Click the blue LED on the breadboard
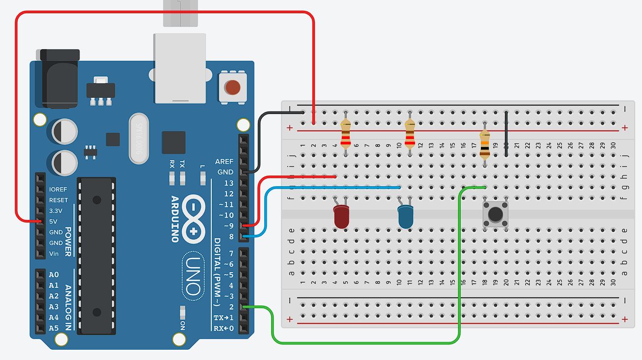pyautogui.click(x=405, y=217)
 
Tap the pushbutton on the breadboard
pyautogui.click(x=495, y=214)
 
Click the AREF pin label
pyautogui.click(x=224, y=162)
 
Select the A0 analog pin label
pyautogui.click(x=54, y=275)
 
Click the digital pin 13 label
pyautogui.click(x=228, y=183)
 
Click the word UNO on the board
pyautogui.click(x=193, y=277)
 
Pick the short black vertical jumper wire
pyautogui.click(x=506, y=134)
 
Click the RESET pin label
pyautogui.click(x=58, y=200)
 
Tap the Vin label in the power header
pyautogui.click(x=54, y=254)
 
